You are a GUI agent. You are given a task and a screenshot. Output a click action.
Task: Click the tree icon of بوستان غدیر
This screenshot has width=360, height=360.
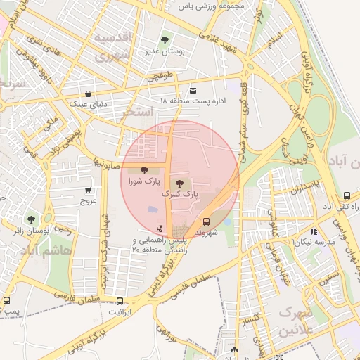(x=165, y=40)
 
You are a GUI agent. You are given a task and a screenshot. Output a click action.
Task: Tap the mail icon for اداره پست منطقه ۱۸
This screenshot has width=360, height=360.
(x=193, y=90)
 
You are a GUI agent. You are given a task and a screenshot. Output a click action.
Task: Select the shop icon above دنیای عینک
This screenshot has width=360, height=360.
(x=87, y=93)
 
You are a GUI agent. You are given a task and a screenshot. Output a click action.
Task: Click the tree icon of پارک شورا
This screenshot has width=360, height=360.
(x=144, y=169)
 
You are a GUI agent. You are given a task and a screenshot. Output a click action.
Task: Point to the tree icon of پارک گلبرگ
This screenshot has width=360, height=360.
(x=179, y=182)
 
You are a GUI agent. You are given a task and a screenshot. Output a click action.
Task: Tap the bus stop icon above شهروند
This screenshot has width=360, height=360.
(x=206, y=221)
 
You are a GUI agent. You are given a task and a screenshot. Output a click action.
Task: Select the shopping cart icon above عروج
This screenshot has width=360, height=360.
(x=88, y=190)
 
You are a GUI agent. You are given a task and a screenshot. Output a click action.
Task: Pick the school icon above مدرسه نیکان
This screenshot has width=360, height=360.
(x=313, y=230)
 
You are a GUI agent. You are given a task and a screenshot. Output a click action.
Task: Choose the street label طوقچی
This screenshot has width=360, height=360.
(x=158, y=79)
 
